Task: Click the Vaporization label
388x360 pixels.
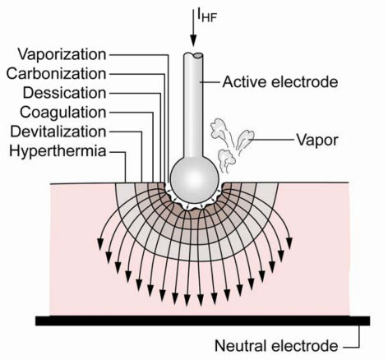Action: [62, 54]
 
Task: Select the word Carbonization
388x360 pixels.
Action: [56, 74]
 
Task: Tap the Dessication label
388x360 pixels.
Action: [64, 93]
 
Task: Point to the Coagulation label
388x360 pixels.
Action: [63, 113]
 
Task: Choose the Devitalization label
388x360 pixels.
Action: [58, 132]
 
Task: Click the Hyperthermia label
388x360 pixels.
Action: [58, 151]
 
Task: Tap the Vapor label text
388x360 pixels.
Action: [317, 141]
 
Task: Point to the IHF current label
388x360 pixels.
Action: [207, 16]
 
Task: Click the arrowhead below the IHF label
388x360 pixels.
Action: [193, 42]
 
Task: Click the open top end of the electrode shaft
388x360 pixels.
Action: [193, 55]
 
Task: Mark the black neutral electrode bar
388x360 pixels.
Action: [203, 321]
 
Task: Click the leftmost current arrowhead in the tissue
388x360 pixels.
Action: [100, 244]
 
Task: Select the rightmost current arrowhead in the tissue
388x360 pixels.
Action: [289, 244]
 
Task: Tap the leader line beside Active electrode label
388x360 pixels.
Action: [210, 82]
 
